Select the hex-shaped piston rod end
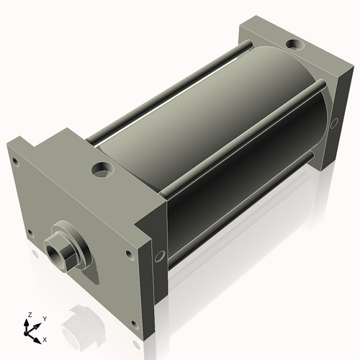(x=57, y=253)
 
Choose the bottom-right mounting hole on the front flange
(x=129, y=253)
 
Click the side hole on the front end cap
(x=159, y=255)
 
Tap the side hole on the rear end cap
(x=334, y=123)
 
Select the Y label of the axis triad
(x=44, y=318)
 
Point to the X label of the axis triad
(x=45, y=338)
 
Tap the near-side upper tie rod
(x=238, y=144)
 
